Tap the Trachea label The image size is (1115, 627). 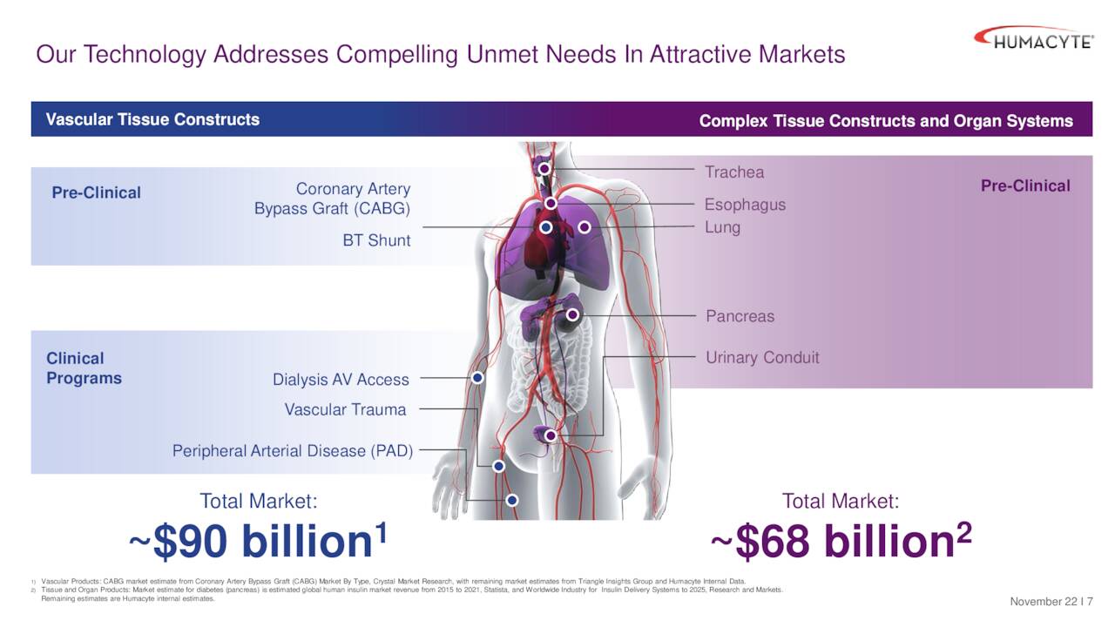(x=734, y=172)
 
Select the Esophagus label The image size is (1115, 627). (x=745, y=205)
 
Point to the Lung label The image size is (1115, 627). (x=722, y=227)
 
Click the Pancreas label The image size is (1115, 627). (x=740, y=316)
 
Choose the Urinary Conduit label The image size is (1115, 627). (x=762, y=358)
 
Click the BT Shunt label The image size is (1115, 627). (x=376, y=240)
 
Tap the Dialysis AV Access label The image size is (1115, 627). (x=341, y=380)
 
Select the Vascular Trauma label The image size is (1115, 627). (x=345, y=409)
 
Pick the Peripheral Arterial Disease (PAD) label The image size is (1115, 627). (x=293, y=451)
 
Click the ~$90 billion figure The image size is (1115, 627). (x=258, y=542)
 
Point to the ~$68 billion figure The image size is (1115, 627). (x=841, y=542)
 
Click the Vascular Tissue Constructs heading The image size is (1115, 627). (x=152, y=119)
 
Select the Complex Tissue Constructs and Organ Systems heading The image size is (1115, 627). (x=886, y=121)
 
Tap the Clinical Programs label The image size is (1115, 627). (x=84, y=368)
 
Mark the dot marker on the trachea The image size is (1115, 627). (x=544, y=168)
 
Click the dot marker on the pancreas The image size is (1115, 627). (x=572, y=314)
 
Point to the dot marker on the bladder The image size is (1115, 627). (x=551, y=435)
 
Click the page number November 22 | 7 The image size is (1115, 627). (x=1051, y=603)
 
